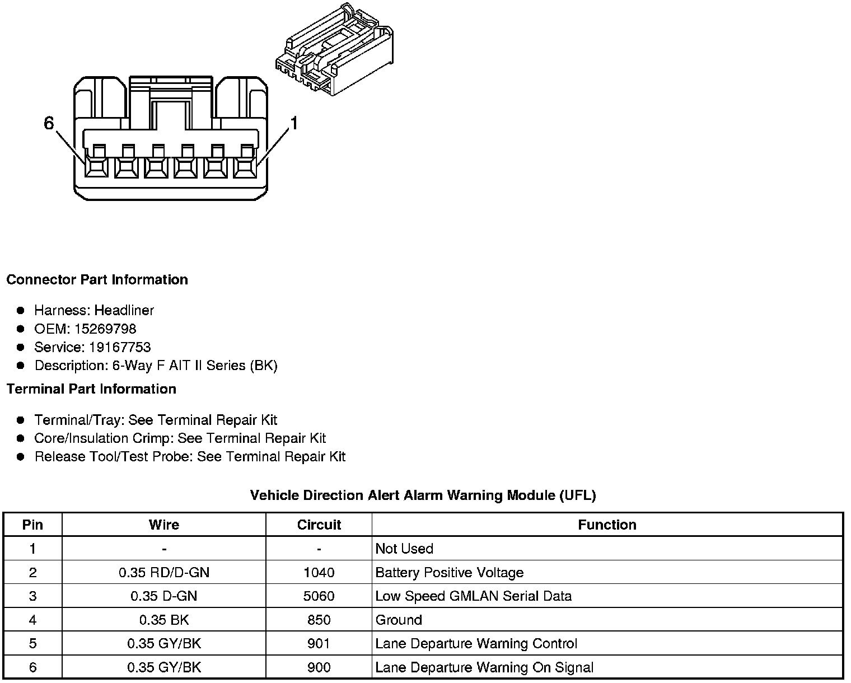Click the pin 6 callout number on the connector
[49, 123]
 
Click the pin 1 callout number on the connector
[293, 123]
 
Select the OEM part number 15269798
[105, 329]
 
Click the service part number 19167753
[120, 347]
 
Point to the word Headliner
[124, 310]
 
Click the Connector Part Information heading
[97, 279]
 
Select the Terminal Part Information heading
[91, 389]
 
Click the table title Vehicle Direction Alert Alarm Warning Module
[423, 495]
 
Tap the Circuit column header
[319, 525]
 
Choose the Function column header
[607, 525]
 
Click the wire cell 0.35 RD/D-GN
[164, 572]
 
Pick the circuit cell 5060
[319, 596]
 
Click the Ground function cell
[399, 620]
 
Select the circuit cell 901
[319, 643]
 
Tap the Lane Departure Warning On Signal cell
[484, 667]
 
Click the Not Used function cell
[404, 548]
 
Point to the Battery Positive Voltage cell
[450, 572]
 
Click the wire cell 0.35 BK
[164, 620]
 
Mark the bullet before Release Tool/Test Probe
[21, 457]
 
